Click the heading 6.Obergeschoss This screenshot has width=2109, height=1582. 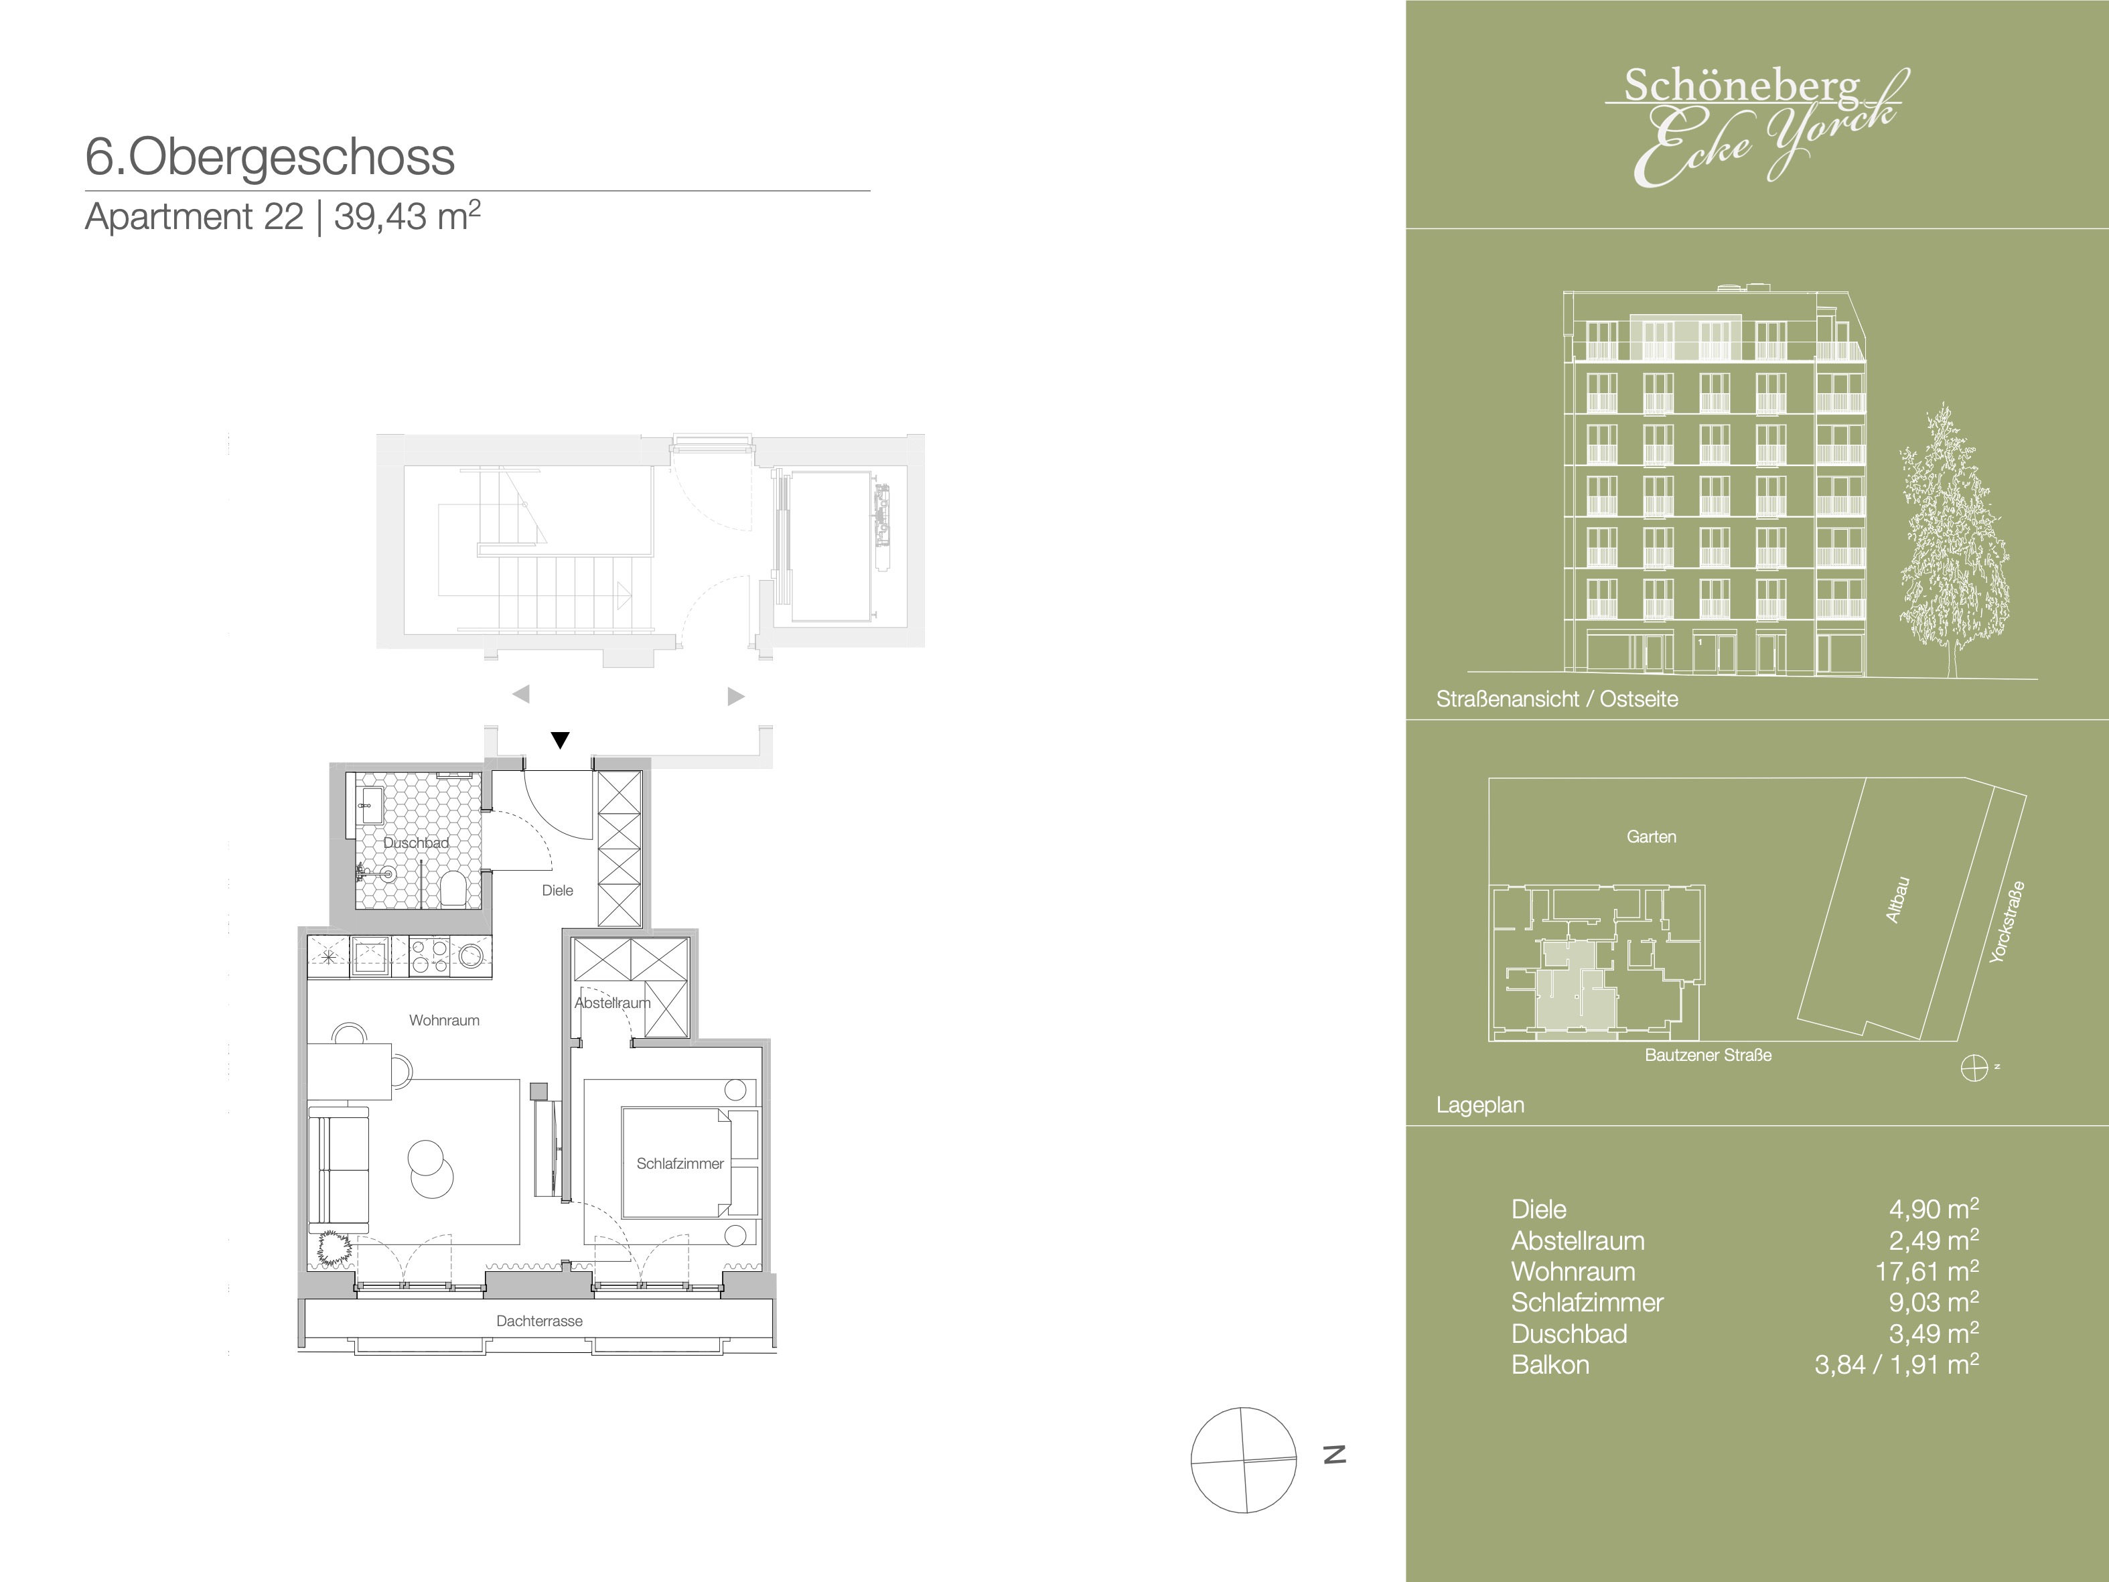[270, 157]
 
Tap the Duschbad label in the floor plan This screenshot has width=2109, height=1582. [416, 843]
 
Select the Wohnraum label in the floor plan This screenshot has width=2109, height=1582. [444, 1020]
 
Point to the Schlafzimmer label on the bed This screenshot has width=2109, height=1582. [680, 1163]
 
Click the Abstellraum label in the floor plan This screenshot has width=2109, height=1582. [612, 1003]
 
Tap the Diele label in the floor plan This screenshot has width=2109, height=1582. [558, 891]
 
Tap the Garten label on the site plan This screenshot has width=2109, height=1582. [1652, 837]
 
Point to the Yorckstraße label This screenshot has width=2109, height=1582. [2007, 921]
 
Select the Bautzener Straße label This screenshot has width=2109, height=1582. [1708, 1056]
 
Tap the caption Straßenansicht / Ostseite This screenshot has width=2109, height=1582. [1557, 699]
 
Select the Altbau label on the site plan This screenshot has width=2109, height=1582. [1897, 900]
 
